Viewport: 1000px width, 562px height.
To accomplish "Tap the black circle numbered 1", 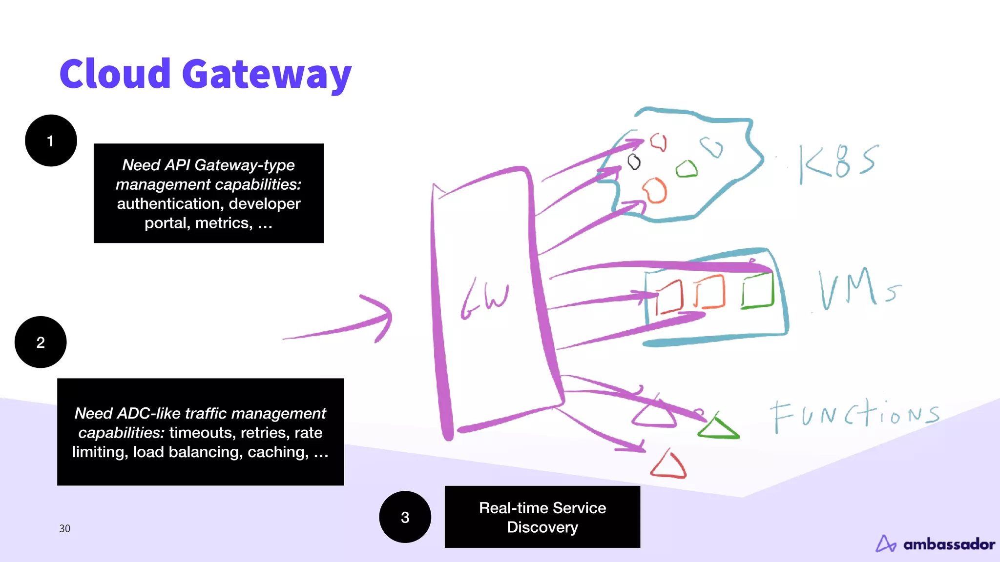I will click(x=51, y=140).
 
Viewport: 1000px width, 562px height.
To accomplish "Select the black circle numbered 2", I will click(x=41, y=342).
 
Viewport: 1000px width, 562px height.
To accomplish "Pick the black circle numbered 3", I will click(x=405, y=517).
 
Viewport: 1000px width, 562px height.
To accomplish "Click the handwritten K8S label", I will click(x=838, y=162).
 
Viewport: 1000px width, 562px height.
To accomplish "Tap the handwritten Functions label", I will click(x=854, y=416).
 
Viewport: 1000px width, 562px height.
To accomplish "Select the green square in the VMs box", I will click(x=758, y=291).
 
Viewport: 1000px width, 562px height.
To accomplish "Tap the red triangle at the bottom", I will click(x=668, y=466).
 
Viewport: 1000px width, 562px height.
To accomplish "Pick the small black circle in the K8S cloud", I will click(x=634, y=161).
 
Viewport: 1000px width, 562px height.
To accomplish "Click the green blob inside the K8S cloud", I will click(x=687, y=169).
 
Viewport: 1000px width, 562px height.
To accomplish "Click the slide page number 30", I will click(x=64, y=528).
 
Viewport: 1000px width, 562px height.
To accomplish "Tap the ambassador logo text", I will click(x=949, y=544).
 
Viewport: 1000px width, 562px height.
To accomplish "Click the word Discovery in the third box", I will click(x=542, y=527).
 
